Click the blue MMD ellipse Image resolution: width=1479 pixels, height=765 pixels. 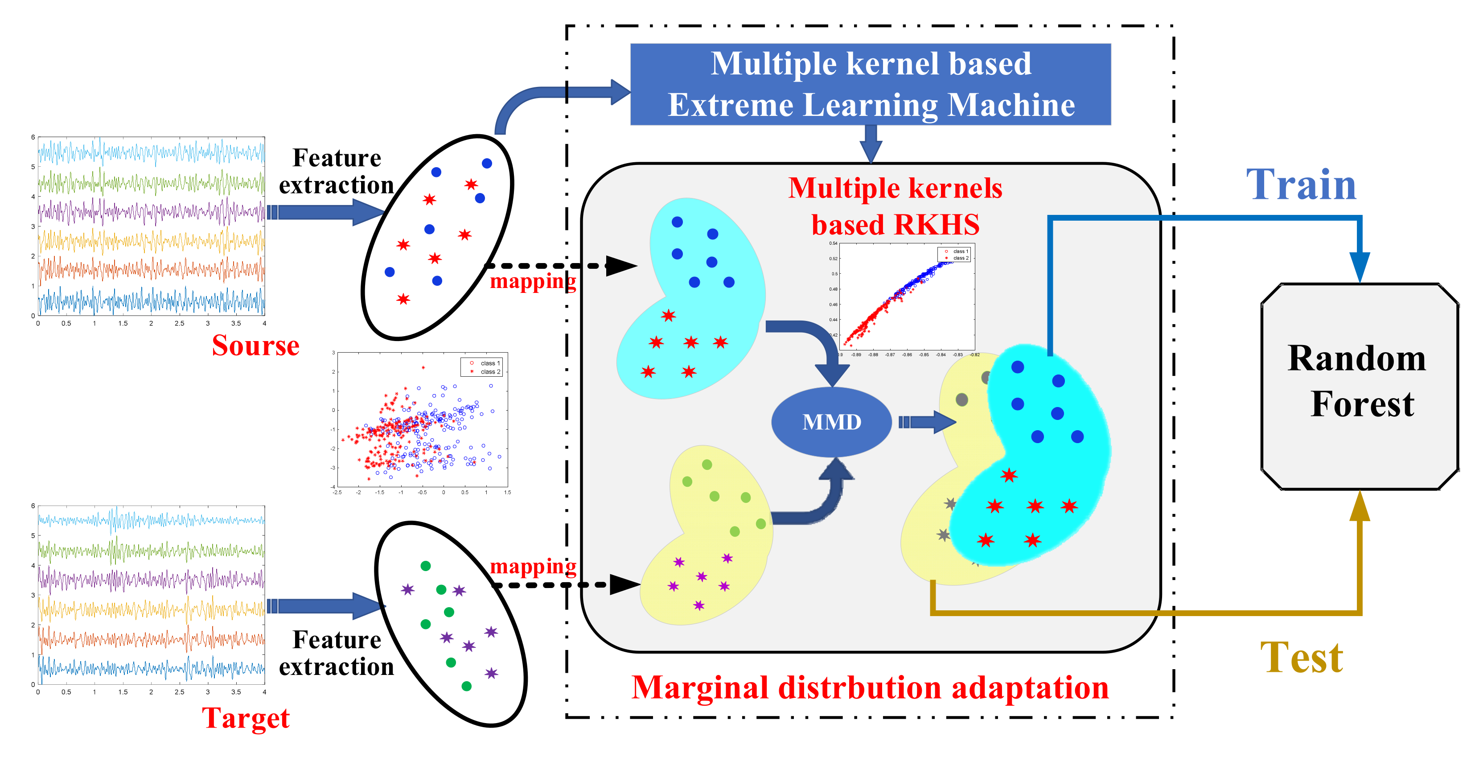[x=831, y=422]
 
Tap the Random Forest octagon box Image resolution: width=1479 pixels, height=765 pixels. [x=1359, y=386]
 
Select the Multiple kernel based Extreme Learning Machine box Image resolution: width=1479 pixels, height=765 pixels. [x=871, y=84]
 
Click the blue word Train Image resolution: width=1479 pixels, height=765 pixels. [x=1301, y=185]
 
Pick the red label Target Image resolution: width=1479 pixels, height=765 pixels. [x=246, y=718]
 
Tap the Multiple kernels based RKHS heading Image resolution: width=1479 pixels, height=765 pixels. [x=895, y=206]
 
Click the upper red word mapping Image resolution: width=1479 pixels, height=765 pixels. [x=533, y=281]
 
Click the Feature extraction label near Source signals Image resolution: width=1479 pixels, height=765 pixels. [x=337, y=171]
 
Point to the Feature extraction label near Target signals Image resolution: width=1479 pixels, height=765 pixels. [x=337, y=653]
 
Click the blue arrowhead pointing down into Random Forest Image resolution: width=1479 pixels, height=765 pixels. [x=1360, y=267]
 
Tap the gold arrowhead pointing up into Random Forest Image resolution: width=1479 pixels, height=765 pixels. [x=1360, y=506]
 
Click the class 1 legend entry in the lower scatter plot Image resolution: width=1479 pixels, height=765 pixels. [x=485, y=363]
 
